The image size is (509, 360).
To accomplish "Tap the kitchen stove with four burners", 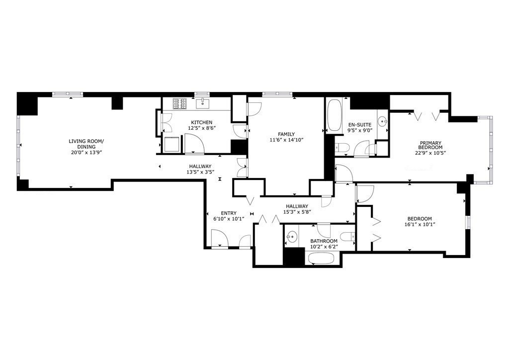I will [x=179, y=103].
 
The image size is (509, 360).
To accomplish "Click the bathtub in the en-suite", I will [x=335, y=115].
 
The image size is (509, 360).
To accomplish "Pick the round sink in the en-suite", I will [x=382, y=120].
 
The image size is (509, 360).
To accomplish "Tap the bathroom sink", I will [x=292, y=237].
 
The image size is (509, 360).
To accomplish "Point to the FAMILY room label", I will [x=286, y=134].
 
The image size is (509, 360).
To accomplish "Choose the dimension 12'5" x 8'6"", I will [x=201, y=128].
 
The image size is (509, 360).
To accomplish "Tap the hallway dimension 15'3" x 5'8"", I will [x=297, y=212].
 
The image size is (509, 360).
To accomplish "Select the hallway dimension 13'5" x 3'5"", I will [x=200, y=173].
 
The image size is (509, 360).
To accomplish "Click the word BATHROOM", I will [x=324, y=241].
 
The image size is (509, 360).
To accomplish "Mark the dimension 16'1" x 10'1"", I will [x=420, y=225].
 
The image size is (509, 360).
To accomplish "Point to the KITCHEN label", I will [x=202, y=122].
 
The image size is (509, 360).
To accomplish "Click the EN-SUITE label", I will [x=357, y=125].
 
